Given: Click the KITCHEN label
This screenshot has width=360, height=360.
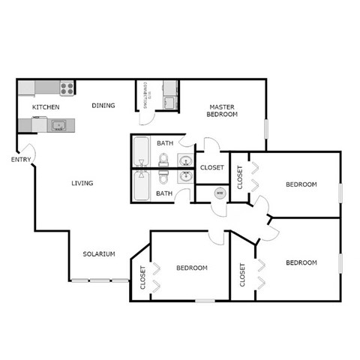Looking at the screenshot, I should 46,108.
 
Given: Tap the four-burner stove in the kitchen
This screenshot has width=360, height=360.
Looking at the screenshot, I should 67,88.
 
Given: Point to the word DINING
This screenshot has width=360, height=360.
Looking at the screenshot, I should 103,106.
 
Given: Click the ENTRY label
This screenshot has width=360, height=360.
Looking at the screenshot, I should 20,160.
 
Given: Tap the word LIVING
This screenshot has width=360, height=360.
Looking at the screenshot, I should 82,184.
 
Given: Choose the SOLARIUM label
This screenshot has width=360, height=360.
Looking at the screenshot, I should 99,254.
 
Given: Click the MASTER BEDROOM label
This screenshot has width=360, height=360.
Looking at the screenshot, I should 223,111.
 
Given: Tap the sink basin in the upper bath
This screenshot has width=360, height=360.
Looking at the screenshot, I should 184,159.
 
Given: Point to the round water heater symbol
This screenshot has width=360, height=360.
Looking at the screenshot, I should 219,193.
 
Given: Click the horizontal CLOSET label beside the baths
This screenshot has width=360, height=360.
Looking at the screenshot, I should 211,168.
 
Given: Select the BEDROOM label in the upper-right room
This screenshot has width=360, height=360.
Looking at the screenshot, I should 301,184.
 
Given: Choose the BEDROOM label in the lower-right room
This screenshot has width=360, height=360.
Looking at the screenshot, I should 301,262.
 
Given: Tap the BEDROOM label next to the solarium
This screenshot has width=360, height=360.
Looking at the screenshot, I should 192,268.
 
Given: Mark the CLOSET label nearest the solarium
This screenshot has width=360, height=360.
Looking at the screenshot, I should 142,278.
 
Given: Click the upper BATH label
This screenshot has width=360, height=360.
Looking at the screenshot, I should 165,143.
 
